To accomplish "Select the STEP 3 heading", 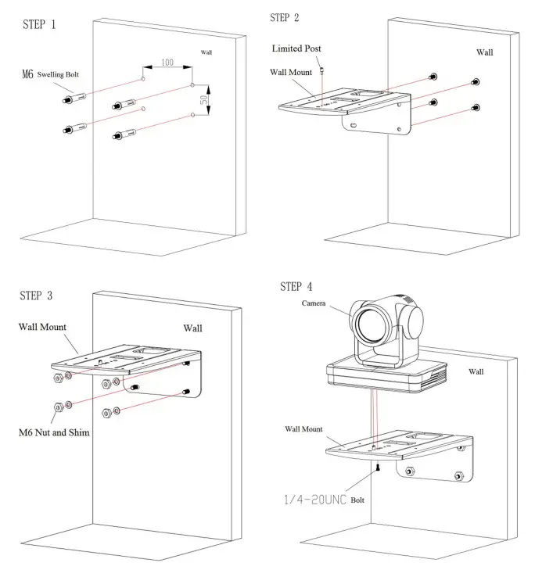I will point(37,295).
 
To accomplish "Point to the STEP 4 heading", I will point(296,286).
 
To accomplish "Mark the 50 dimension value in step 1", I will point(204,100).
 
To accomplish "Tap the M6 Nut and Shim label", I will point(53,431).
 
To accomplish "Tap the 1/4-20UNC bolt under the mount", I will point(377,468).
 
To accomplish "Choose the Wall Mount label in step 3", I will point(42,326).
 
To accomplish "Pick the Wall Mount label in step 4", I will point(303,428).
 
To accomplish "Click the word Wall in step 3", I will point(192,328).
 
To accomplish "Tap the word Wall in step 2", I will point(485,52).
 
